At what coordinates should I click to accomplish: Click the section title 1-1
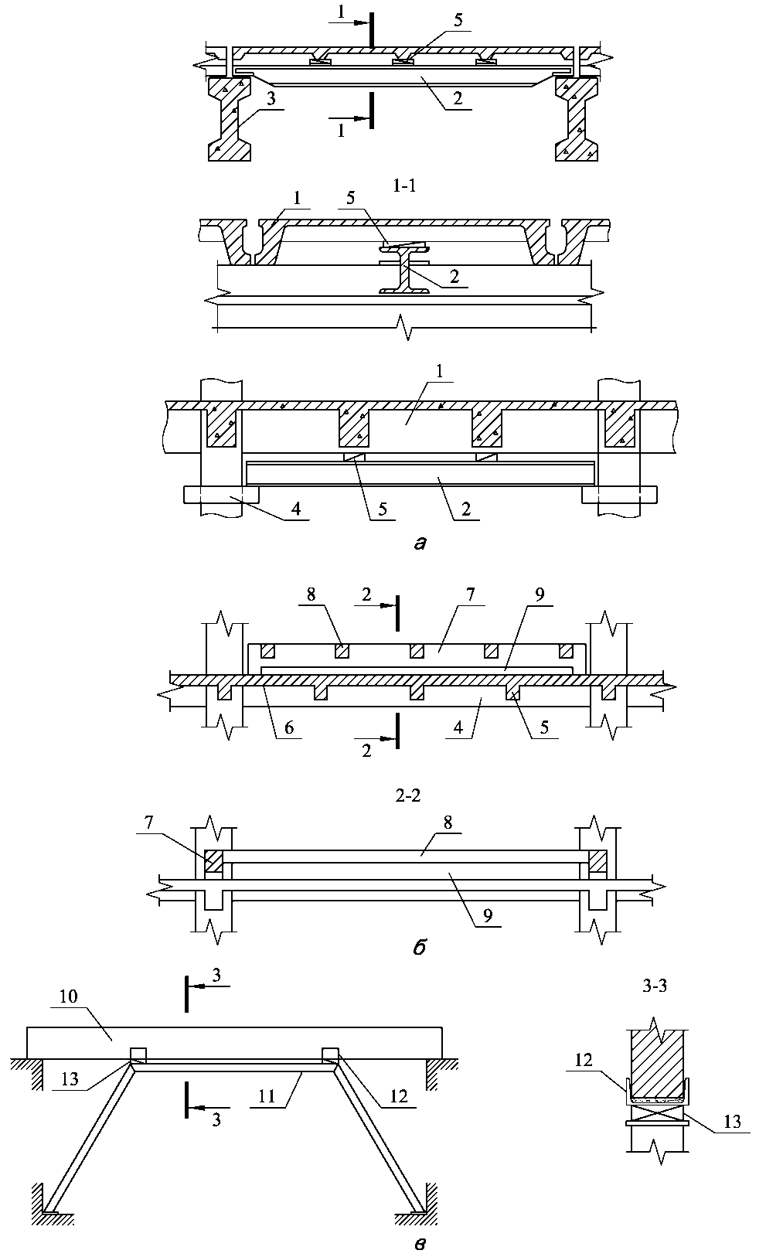[x=404, y=186]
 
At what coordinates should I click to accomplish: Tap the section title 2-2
[x=408, y=795]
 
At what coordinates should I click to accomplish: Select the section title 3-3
[x=655, y=986]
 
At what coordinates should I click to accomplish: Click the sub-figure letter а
[x=420, y=543]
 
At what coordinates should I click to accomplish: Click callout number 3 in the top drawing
[x=271, y=99]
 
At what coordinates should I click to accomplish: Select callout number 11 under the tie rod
[x=267, y=1096]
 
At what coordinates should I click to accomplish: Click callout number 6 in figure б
[x=288, y=727]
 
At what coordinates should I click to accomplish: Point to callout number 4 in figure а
[x=296, y=509]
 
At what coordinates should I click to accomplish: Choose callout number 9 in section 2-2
[x=488, y=916]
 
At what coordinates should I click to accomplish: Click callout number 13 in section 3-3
[x=732, y=1122]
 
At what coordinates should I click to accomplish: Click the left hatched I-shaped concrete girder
[x=230, y=119]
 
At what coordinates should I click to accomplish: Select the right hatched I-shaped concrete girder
[x=577, y=119]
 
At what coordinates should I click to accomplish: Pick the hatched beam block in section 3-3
[x=657, y=1064]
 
